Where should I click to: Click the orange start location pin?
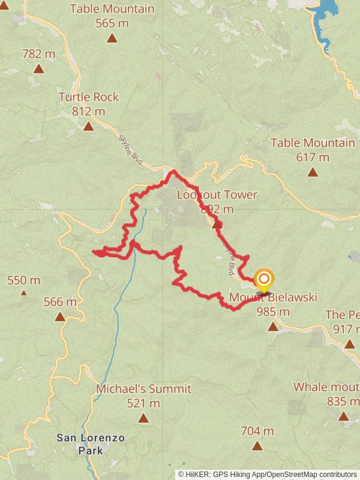[263, 280]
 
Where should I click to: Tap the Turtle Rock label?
[89, 97]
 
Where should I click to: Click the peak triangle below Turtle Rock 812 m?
[89, 126]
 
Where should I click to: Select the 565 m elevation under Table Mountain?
[112, 23]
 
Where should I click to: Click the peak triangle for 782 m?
[38, 68]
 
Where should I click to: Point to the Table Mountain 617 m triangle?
[313, 172]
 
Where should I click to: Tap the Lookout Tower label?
[217, 194]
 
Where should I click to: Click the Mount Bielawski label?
[273, 297]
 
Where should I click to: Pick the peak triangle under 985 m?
[273, 326]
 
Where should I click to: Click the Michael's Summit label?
[143, 389]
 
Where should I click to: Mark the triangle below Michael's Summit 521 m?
[143, 418]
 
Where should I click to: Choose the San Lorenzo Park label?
[91, 443]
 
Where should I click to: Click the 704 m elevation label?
[257, 431]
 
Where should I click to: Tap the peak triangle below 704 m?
[257, 446]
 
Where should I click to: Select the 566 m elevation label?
[60, 302]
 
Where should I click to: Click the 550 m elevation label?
[24, 280]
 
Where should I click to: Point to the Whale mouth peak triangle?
[343, 416]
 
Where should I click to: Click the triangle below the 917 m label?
[350, 344]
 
